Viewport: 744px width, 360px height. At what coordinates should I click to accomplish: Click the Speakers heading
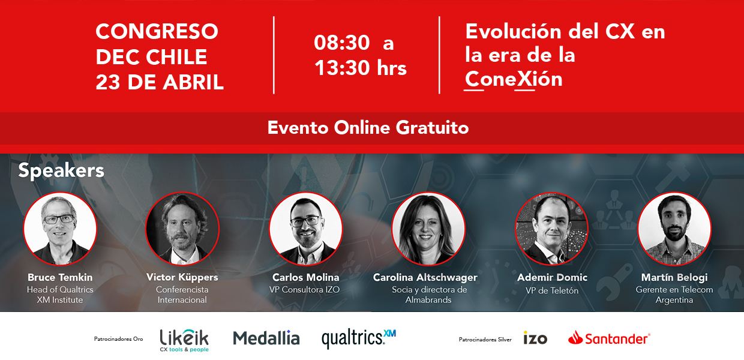click(x=61, y=171)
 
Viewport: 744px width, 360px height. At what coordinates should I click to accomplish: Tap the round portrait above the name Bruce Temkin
click(x=60, y=229)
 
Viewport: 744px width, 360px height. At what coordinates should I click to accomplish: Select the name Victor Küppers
click(x=182, y=277)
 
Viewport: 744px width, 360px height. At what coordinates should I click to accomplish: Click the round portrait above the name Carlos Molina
click(x=305, y=229)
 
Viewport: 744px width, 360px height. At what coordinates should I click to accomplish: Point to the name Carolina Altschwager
click(x=425, y=277)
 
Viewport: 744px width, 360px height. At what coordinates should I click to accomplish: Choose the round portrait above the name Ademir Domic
click(x=551, y=229)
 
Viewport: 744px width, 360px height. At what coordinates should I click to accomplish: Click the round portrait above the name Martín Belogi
click(x=674, y=229)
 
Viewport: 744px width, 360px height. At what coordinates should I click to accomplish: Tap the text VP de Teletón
click(x=552, y=290)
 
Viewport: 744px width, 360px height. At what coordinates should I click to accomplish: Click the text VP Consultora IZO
click(x=304, y=290)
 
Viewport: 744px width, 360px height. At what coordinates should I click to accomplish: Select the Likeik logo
click(x=184, y=340)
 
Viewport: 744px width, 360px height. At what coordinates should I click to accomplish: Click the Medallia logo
click(x=266, y=338)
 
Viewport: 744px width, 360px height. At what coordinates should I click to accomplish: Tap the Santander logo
click(x=609, y=338)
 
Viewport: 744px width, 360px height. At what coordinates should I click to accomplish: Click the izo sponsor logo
click(x=535, y=338)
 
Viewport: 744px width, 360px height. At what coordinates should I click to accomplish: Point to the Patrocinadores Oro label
click(x=118, y=339)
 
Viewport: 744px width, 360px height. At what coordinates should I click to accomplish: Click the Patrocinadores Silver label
click(x=485, y=340)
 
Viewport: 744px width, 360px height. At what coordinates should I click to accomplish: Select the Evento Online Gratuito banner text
click(x=368, y=128)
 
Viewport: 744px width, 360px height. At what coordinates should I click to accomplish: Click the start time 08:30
click(x=342, y=43)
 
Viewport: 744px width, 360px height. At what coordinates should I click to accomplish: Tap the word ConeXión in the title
click(x=514, y=79)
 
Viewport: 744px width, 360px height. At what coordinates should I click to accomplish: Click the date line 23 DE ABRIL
click(x=160, y=82)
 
